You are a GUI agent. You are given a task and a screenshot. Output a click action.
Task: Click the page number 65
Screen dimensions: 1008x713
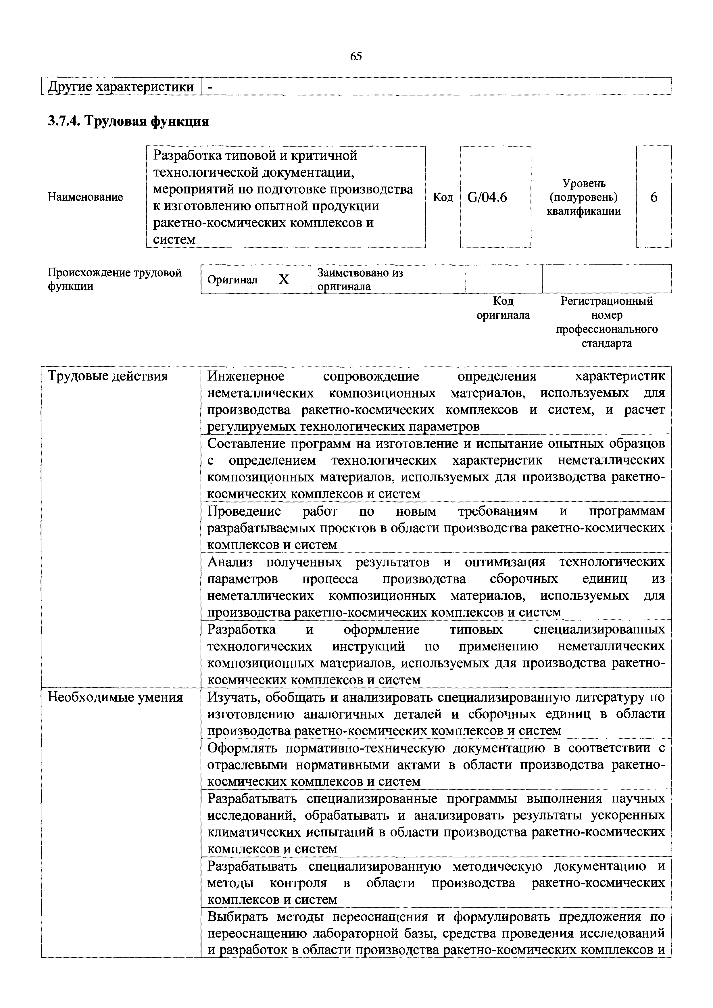356,56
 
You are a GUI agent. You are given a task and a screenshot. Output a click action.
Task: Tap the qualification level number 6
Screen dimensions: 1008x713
654,197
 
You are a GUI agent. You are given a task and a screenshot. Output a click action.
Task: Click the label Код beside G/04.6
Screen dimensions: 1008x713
443,197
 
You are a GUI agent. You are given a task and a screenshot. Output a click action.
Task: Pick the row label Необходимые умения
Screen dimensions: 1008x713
115,697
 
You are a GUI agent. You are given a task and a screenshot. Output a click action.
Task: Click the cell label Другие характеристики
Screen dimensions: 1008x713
121,87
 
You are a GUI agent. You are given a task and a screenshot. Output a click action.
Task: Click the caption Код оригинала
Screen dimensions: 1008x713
503,308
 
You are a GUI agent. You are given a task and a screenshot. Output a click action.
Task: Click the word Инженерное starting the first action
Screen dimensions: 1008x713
246,376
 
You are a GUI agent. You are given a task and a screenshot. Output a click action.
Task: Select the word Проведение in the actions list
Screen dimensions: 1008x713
244,511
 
